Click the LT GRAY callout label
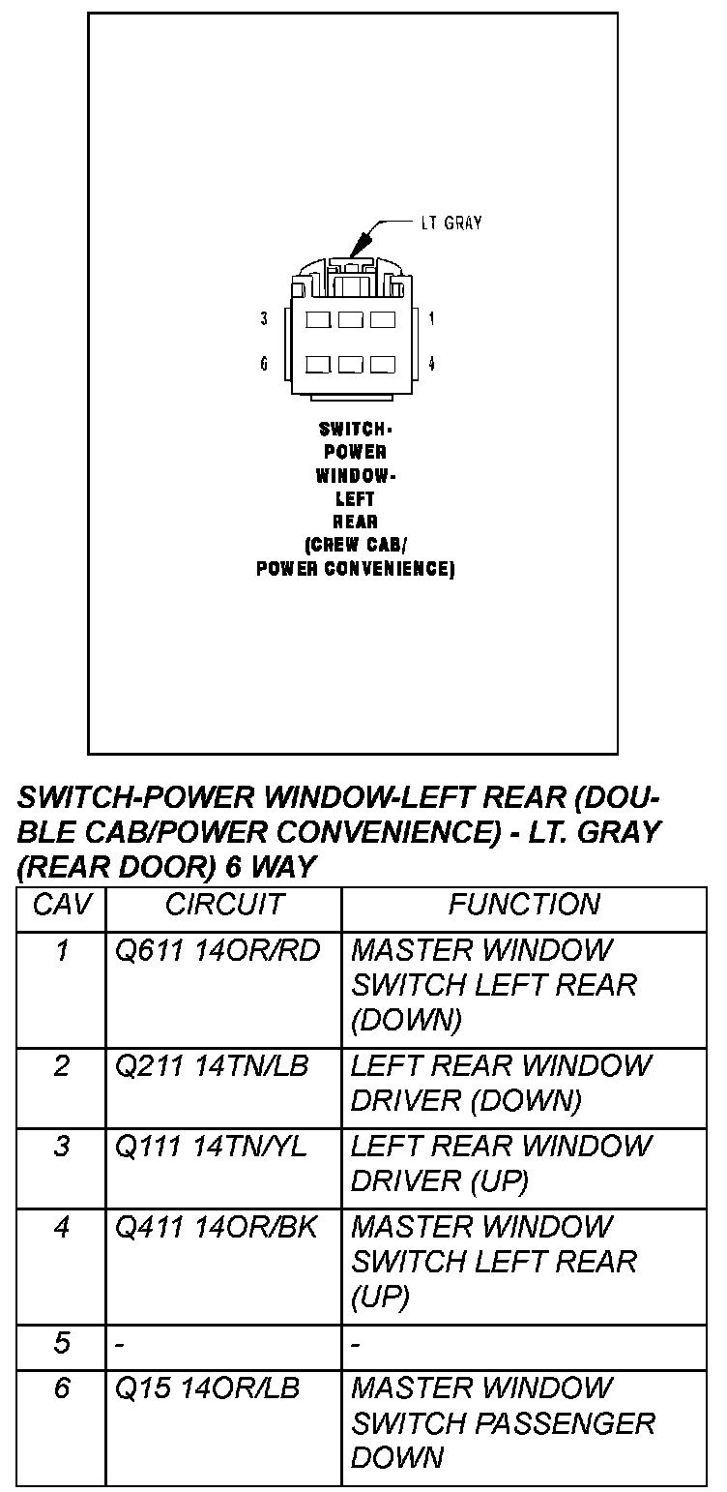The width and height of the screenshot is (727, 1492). point(451,223)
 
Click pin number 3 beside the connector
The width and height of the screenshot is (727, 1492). point(264,318)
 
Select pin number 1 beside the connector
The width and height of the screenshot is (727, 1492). point(431,318)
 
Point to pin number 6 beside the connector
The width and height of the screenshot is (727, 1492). point(264,364)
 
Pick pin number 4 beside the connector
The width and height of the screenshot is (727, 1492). point(431,364)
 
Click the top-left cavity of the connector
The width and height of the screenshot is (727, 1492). point(318,318)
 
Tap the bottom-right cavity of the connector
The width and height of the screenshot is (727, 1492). point(383,365)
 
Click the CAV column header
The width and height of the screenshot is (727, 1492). point(62,905)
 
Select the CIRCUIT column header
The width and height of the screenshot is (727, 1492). point(224,905)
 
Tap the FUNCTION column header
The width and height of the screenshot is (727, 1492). point(524,905)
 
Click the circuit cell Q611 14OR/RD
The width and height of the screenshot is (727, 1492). point(218,951)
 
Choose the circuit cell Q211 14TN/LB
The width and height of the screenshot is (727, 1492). point(212,1066)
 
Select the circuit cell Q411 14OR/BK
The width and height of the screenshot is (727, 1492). point(218,1227)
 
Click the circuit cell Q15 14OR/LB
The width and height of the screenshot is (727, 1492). point(208,1388)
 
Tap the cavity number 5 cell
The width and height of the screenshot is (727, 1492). point(62,1343)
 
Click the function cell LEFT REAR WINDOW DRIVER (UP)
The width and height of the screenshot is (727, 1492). point(501,1164)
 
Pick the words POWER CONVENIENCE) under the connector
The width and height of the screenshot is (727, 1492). point(355,569)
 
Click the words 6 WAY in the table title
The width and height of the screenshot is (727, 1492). point(271,866)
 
